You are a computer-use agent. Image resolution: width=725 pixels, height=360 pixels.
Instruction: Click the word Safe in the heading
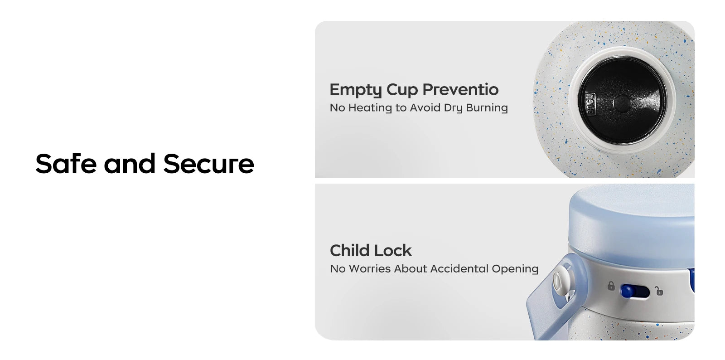(x=66, y=164)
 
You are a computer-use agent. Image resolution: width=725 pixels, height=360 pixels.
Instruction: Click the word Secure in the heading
(x=209, y=164)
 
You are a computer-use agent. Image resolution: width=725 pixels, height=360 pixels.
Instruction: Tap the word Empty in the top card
(x=356, y=90)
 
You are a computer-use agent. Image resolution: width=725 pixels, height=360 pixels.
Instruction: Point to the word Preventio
(x=460, y=89)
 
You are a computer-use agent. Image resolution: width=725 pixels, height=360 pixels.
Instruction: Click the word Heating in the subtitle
(x=370, y=108)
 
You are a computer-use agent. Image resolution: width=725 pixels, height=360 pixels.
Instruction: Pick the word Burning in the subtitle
(x=487, y=107)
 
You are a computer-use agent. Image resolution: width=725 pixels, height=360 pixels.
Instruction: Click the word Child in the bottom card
(x=348, y=251)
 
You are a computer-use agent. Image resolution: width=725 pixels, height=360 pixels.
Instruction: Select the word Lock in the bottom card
(x=391, y=251)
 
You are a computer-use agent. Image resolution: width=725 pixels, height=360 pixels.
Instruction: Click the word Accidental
(x=459, y=269)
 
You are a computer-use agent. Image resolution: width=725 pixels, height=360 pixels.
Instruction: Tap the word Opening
(x=515, y=269)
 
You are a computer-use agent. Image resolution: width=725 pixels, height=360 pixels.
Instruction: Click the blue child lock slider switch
(x=635, y=291)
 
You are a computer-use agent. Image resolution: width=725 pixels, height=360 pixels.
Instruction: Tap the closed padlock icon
(x=611, y=286)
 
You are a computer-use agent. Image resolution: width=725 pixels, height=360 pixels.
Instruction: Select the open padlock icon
(x=659, y=291)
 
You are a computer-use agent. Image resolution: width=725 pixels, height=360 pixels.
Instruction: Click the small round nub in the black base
(x=622, y=103)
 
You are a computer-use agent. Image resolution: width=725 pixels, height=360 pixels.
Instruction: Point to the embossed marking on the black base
(x=591, y=104)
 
